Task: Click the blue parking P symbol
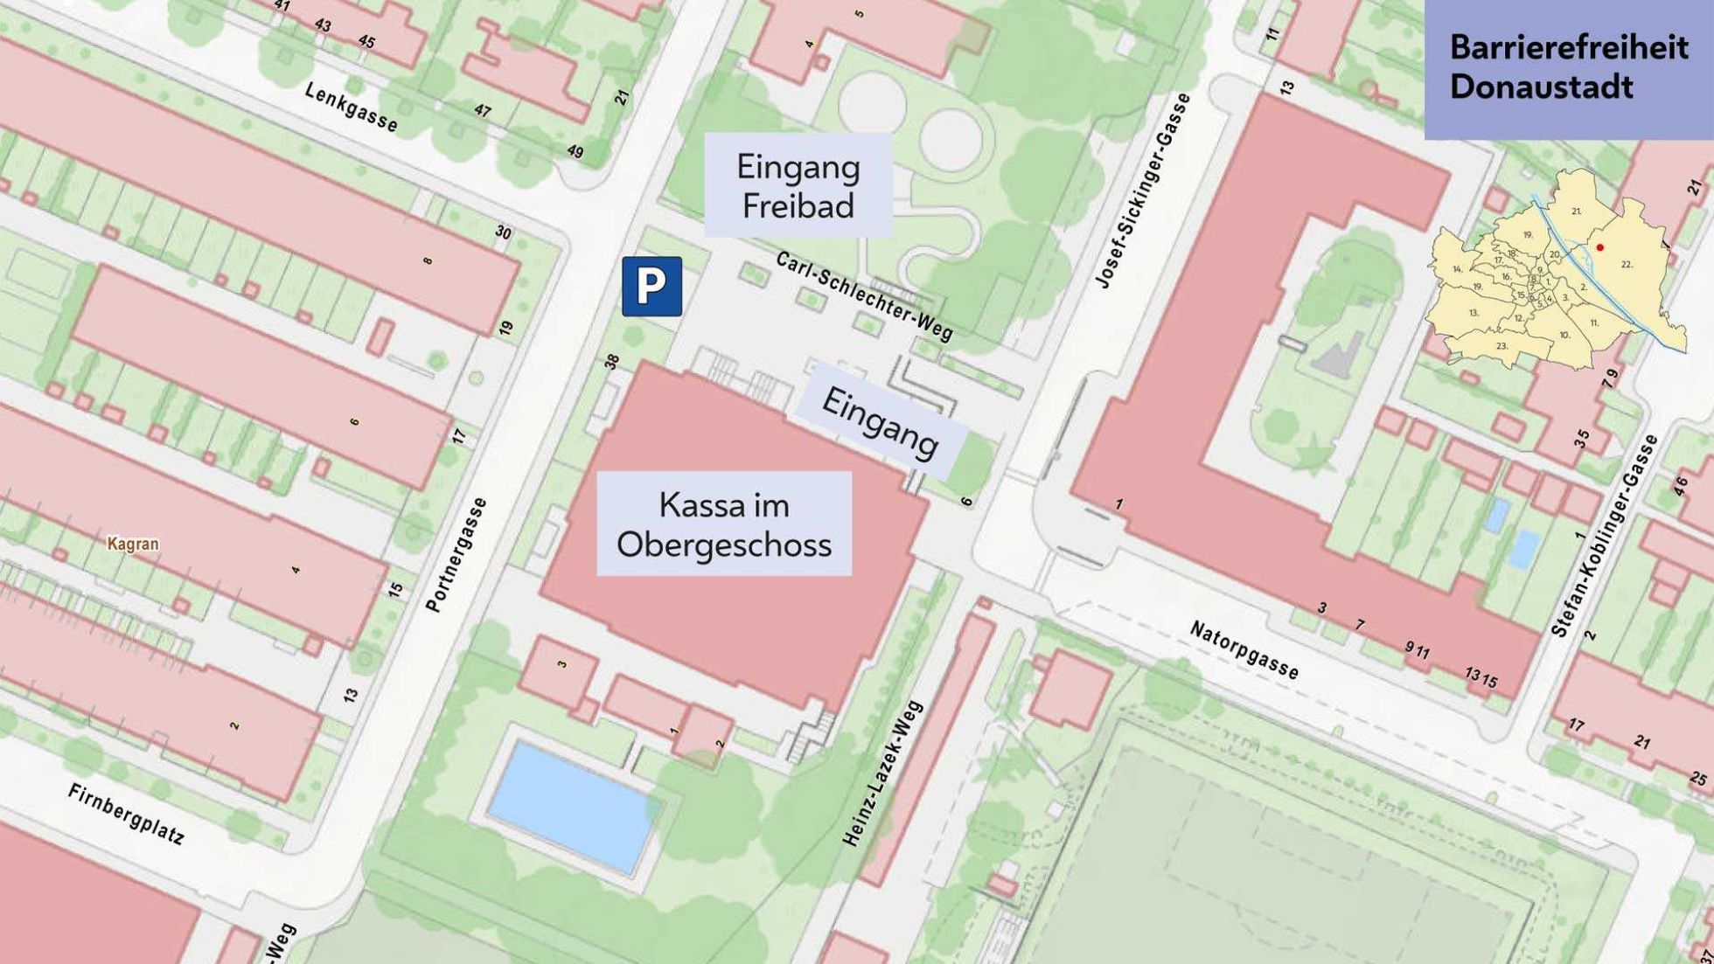(651, 287)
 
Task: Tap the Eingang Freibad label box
(798, 185)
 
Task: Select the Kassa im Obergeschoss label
(723, 524)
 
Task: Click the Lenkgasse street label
(351, 107)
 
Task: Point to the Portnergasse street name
(456, 555)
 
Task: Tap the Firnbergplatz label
(126, 814)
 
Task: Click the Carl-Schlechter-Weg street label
(864, 295)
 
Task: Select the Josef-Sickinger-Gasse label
(1143, 191)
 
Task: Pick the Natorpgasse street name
(1244, 650)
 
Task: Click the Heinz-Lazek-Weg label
(882, 773)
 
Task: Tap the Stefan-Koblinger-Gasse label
(1604, 536)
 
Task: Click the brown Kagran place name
(133, 544)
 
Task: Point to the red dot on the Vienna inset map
(1599, 247)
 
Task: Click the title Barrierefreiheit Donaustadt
(1568, 67)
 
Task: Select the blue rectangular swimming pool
(574, 807)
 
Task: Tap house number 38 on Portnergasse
(611, 361)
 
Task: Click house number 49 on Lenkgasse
(575, 151)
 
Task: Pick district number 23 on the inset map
(1501, 346)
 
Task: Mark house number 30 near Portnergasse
(503, 232)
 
